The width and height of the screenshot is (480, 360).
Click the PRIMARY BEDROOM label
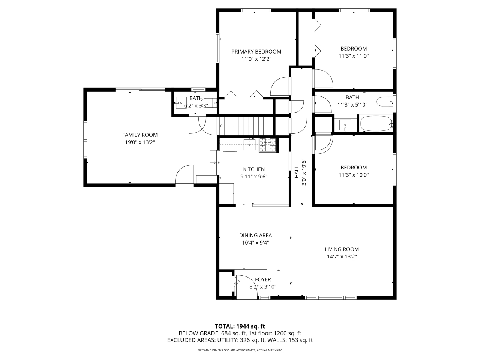pyautogui.click(x=256, y=52)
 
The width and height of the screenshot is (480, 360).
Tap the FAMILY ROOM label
pyautogui.click(x=140, y=135)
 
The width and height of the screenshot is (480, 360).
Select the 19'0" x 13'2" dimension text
pyautogui.click(x=140, y=142)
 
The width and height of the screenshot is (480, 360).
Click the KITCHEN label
pyautogui.click(x=254, y=169)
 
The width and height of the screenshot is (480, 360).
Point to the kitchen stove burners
pyautogui.click(x=268, y=145)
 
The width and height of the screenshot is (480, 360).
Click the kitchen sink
pyautogui.click(x=249, y=145)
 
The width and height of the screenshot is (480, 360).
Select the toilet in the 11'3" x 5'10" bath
pyautogui.click(x=385, y=101)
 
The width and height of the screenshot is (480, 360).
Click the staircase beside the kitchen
pyautogui.click(x=246, y=126)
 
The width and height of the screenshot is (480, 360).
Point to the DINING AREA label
pyautogui.click(x=255, y=235)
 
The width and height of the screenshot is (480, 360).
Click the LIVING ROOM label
pyautogui.click(x=342, y=249)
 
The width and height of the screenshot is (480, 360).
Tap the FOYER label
pyautogui.click(x=263, y=279)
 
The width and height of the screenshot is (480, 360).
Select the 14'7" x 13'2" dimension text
pyautogui.click(x=342, y=256)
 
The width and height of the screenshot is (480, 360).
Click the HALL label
pyautogui.click(x=297, y=172)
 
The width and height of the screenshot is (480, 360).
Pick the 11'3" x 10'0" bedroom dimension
pyautogui.click(x=354, y=175)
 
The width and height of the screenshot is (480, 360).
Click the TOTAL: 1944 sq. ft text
pyautogui.click(x=240, y=326)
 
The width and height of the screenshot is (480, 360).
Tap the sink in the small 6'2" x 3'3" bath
pyautogui.click(x=181, y=103)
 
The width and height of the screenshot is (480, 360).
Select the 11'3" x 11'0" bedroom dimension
pyautogui.click(x=354, y=56)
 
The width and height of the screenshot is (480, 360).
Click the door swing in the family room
pyautogui.click(x=185, y=175)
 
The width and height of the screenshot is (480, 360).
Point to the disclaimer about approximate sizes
pyautogui.click(x=240, y=350)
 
